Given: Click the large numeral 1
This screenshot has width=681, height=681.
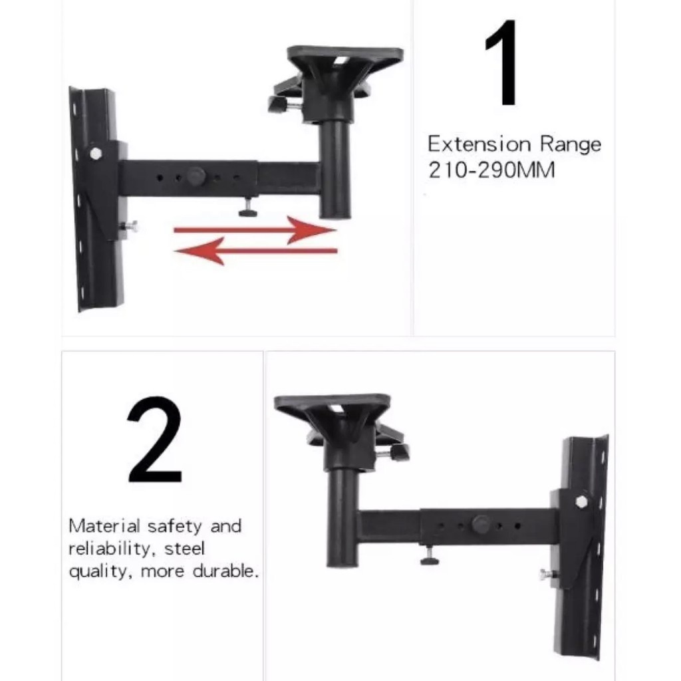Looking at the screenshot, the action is click(x=503, y=63).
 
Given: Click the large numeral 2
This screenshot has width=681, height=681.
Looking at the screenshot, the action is click(x=155, y=440).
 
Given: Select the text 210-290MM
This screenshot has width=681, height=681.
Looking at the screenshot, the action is click(x=491, y=170).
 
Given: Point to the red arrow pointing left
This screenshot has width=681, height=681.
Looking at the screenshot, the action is click(x=255, y=251).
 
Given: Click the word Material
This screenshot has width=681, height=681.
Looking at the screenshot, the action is click(x=104, y=526).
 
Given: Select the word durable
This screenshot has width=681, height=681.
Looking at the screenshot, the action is click(x=225, y=571).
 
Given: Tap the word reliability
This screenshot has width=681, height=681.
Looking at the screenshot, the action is click(x=112, y=549).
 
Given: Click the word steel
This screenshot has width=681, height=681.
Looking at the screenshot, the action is click(x=184, y=549).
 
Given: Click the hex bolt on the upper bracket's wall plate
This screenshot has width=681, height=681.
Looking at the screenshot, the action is click(x=96, y=153).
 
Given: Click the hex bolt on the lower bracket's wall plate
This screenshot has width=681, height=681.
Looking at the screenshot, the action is click(x=581, y=501).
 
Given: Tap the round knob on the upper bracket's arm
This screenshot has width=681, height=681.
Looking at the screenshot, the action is click(x=197, y=176).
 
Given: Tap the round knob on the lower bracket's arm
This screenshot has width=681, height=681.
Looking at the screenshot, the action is click(x=481, y=524).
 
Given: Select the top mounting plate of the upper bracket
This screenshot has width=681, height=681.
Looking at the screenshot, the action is click(x=345, y=59).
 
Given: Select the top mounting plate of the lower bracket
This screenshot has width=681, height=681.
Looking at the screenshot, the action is click(x=333, y=408).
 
